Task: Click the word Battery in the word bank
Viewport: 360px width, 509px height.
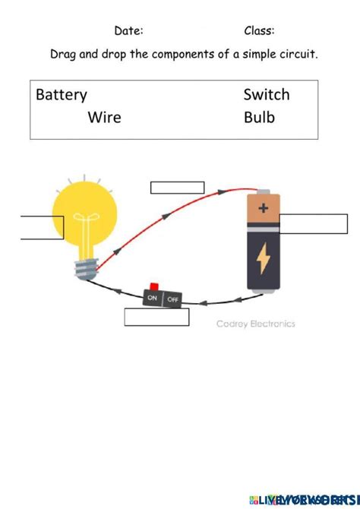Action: point(62,95)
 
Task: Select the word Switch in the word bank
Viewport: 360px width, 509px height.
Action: point(266,95)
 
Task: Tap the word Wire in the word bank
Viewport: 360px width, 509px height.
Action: point(104,118)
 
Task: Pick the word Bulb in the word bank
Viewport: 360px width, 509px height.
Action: point(259,118)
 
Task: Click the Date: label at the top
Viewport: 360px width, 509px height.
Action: point(128,31)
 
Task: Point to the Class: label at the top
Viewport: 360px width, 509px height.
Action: point(259,31)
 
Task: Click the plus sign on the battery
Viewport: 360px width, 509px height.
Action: point(263,207)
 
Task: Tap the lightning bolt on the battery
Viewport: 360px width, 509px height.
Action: point(263,258)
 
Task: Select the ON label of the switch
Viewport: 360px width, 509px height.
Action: point(153,298)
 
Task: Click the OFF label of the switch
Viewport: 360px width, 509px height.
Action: point(172,299)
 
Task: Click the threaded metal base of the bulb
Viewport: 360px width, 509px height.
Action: point(87,268)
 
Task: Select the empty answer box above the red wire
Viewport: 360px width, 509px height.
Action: point(177,188)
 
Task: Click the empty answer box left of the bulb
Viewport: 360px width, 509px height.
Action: point(42,227)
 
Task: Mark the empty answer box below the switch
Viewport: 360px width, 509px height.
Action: point(156,317)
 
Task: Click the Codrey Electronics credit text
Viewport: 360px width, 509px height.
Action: point(255,324)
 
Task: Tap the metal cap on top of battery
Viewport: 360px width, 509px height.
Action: point(263,192)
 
